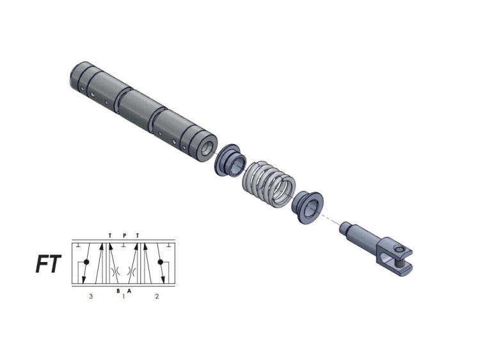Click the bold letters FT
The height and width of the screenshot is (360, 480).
coord(48,265)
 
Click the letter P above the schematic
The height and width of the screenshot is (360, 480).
coord(124,235)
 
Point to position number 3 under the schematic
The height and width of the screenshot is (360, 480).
coord(91,297)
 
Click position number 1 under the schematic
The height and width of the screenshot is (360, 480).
coord(124,297)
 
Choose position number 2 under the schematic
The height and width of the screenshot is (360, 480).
coord(157,297)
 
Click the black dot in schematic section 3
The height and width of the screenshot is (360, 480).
coord(87,263)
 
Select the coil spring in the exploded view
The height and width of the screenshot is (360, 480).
coord(267,184)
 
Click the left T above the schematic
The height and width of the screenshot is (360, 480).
coord(110,235)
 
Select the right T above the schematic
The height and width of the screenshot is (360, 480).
coord(137,235)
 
